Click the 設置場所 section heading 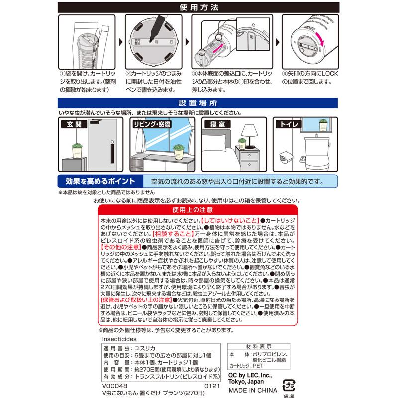(199, 103)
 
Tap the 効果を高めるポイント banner (97, 180)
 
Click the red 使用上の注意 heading (199, 210)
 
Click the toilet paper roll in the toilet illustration (286, 156)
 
